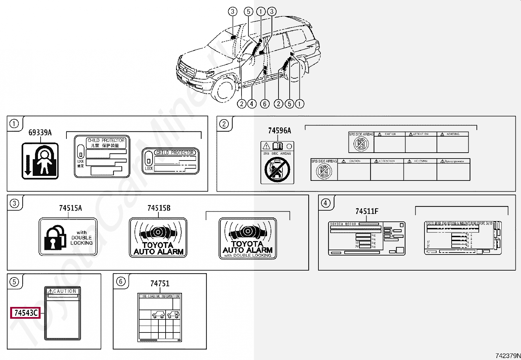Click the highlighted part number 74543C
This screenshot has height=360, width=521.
click(26, 313)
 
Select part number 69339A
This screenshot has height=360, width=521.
click(40, 132)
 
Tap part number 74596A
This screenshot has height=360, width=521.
click(279, 131)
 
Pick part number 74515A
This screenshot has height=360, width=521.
click(70, 208)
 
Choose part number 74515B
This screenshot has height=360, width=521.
click(159, 208)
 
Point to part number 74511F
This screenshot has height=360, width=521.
click(367, 211)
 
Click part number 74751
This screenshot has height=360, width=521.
click(160, 283)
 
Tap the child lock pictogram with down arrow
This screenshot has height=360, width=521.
click(40, 161)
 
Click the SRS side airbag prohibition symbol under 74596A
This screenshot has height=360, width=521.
click(277, 169)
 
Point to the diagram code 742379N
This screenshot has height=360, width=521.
click(507, 356)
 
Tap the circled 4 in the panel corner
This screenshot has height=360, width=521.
click(325, 203)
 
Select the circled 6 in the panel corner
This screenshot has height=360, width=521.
click(121, 281)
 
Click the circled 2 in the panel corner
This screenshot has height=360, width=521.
click(224, 124)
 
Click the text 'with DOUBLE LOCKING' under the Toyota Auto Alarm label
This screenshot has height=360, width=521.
click(248, 255)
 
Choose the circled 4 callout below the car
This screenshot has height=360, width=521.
click(252, 104)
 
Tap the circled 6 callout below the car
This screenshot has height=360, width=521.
click(265, 104)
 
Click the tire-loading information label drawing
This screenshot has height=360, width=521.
click(159, 317)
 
